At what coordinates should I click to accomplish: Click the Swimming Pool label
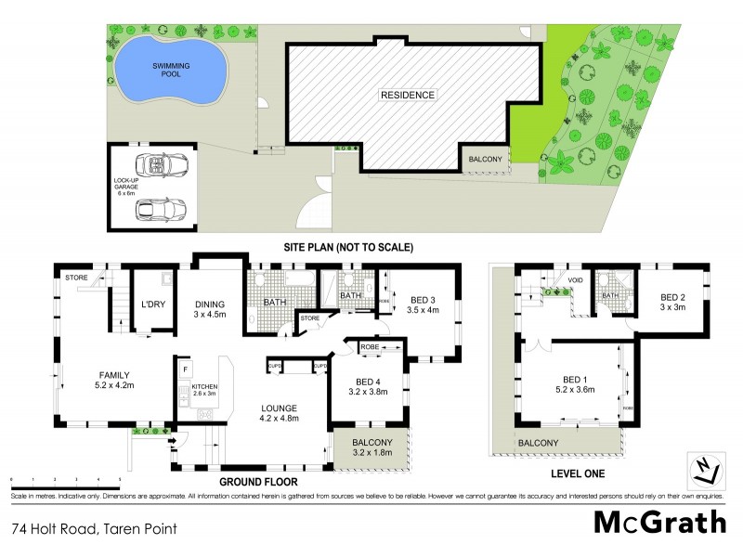coord(170,70)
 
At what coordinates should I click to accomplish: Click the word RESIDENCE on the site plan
coord(407,95)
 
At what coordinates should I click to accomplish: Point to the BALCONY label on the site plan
coord(487,160)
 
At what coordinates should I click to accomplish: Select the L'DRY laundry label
coord(151,304)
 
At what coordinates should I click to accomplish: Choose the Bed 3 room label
coord(423,304)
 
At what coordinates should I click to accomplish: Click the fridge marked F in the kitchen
coord(185,369)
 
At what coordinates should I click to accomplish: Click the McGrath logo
coord(659,522)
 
